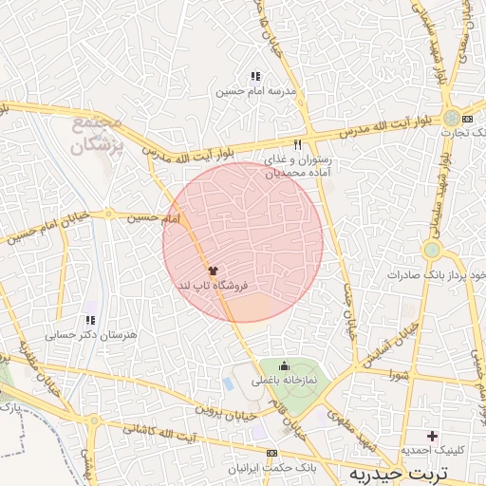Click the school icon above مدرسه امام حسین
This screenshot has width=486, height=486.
click(x=254, y=76)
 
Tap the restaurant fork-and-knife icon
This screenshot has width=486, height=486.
click(x=298, y=144)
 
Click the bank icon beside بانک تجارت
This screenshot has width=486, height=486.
click(x=466, y=118)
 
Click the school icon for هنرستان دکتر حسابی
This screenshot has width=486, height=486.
click(x=90, y=321)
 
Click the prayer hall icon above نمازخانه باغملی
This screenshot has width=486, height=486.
click(x=283, y=366)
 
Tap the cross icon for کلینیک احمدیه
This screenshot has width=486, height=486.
click(x=432, y=436)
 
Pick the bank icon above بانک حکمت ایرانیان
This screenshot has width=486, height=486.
click(x=273, y=454)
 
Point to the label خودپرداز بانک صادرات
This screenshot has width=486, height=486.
click(x=432, y=274)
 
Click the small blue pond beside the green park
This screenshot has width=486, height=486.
click(x=229, y=384)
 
